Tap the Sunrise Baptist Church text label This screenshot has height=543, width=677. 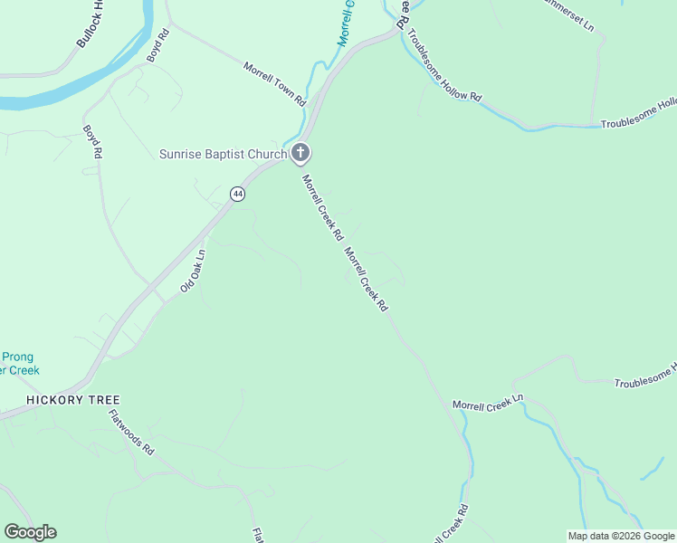point(223,154)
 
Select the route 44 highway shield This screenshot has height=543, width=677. point(237,194)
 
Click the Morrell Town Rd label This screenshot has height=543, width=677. point(275,83)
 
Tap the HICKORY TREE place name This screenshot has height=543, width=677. point(73,399)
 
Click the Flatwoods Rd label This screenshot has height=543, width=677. point(131,433)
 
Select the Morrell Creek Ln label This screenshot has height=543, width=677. point(489,403)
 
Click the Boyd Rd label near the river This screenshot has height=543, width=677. point(159,45)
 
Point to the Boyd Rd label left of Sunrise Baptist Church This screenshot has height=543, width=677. point(91,142)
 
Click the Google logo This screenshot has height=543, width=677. point(30,532)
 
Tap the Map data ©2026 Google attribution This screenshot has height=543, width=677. point(620,536)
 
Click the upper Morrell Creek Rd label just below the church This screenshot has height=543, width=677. point(322,207)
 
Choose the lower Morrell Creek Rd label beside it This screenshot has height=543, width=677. point(366,281)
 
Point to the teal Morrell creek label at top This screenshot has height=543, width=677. point(344,24)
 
